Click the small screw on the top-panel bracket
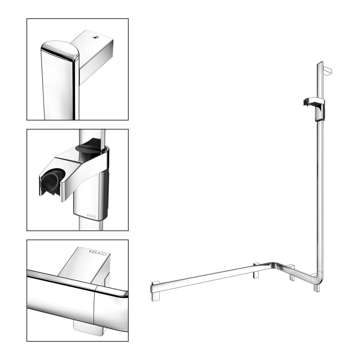click(x=94, y=37)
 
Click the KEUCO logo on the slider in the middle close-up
click(x=91, y=216)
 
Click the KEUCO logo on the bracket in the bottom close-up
click(x=98, y=253)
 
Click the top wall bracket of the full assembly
click(x=328, y=71)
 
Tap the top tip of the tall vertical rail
click(x=320, y=62)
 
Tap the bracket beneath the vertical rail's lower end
click(x=316, y=287)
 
